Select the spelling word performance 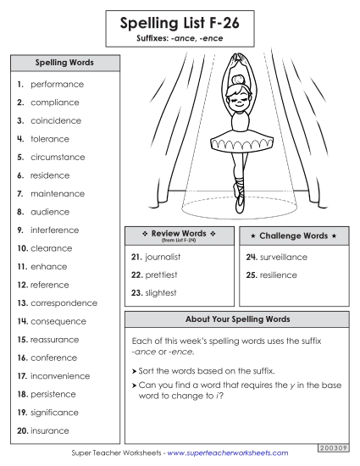57,85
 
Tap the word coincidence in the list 56,121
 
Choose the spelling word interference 55,230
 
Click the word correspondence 64,303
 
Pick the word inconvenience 62,376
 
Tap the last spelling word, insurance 50,431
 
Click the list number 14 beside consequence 22,322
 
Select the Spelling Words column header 64,63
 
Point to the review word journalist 169,257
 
